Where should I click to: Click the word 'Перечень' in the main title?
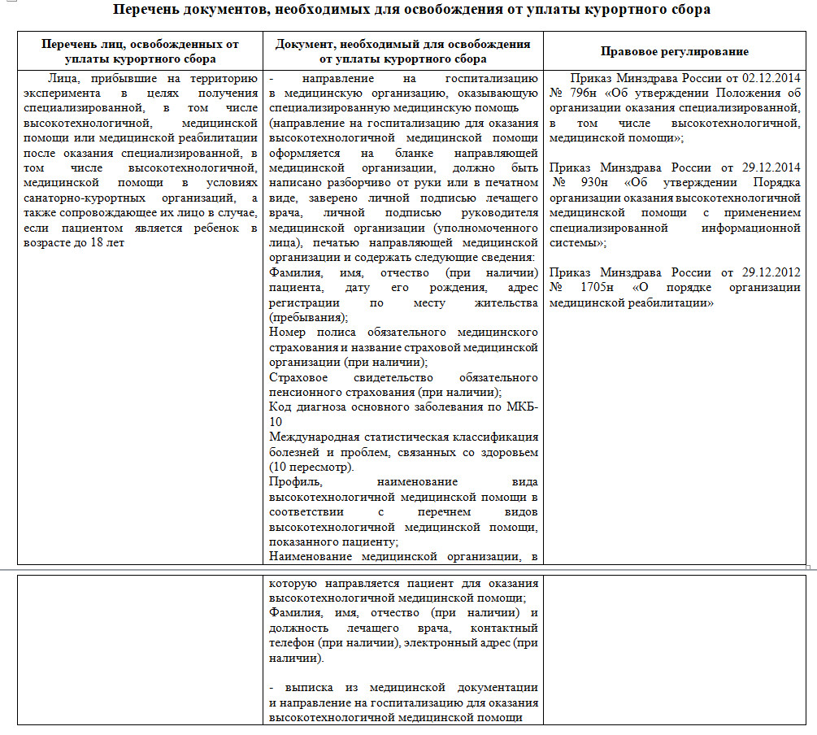click(x=147, y=11)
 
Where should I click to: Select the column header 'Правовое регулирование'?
click(x=674, y=51)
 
